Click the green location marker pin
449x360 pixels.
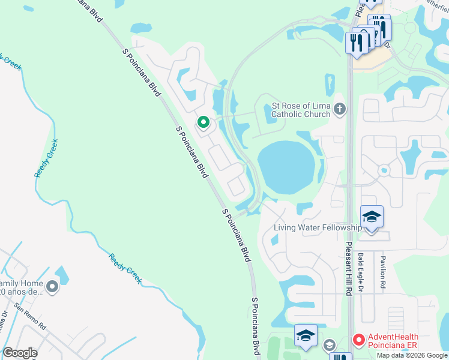[x=203, y=123]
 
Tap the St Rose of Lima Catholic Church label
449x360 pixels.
[x=301, y=110]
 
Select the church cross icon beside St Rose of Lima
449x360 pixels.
[x=340, y=109]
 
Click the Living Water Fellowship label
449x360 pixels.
[x=317, y=227]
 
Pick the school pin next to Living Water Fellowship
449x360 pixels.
[x=372, y=216]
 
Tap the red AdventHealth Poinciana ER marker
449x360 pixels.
[x=359, y=341]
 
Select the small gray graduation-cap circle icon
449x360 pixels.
[x=329, y=345]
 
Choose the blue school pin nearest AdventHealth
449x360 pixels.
[x=306, y=336]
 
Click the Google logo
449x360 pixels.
[x=20, y=353]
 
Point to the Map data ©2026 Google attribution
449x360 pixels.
[x=412, y=355]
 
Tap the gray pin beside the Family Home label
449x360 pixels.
[x=53, y=287]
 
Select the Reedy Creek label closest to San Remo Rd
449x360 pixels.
[x=125, y=268]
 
